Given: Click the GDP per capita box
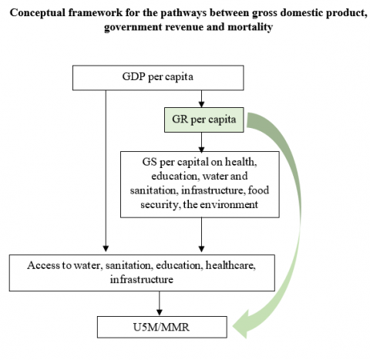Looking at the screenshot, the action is pyautogui.click(x=158, y=78).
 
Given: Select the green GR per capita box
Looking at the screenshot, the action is pyautogui.click(x=204, y=119).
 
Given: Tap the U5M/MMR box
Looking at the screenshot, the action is pyautogui.click(x=162, y=327).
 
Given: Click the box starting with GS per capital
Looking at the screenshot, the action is pyautogui.click(x=200, y=184).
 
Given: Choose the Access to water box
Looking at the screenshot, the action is pyautogui.click(x=142, y=273).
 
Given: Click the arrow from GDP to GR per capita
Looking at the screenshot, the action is pyautogui.click(x=201, y=99).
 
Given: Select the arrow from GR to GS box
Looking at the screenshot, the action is pyautogui.click(x=201, y=142).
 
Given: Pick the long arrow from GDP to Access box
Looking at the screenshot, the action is pyautogui.click(x=106, y=171).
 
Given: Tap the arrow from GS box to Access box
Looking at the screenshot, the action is pyautogui.click(x=201, y=234).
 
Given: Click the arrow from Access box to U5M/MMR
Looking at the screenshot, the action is pyautogui.click(x=160, y=303).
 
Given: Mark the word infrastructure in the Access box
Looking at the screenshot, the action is pyautogui.click(x=142, y=279).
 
